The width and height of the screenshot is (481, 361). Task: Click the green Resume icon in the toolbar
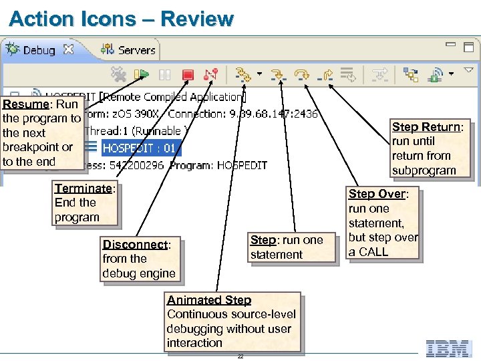[142, 74]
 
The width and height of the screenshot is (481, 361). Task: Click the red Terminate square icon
[188, 74]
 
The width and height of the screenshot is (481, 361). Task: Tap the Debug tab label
[39, 50]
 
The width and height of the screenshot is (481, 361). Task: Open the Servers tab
[136, 50]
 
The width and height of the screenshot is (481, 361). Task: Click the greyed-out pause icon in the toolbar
[165, 74]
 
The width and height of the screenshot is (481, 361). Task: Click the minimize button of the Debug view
[451, 45]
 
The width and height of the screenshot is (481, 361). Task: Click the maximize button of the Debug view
[468, 47]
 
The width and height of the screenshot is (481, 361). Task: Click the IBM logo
[449, 348]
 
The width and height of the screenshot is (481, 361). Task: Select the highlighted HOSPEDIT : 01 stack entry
[140, 148]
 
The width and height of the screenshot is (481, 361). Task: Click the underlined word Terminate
[83, 189]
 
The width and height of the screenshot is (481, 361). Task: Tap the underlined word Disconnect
[134, 245]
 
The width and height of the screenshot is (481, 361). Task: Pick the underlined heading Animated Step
[209, 300]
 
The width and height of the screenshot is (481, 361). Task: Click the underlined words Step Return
[426, 127]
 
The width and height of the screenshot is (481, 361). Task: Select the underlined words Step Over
[377, 194]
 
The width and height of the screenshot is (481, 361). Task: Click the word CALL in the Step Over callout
[373, 252]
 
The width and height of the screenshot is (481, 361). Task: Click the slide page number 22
[240, 356]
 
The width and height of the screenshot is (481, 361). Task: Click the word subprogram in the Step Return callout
[424, 170]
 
